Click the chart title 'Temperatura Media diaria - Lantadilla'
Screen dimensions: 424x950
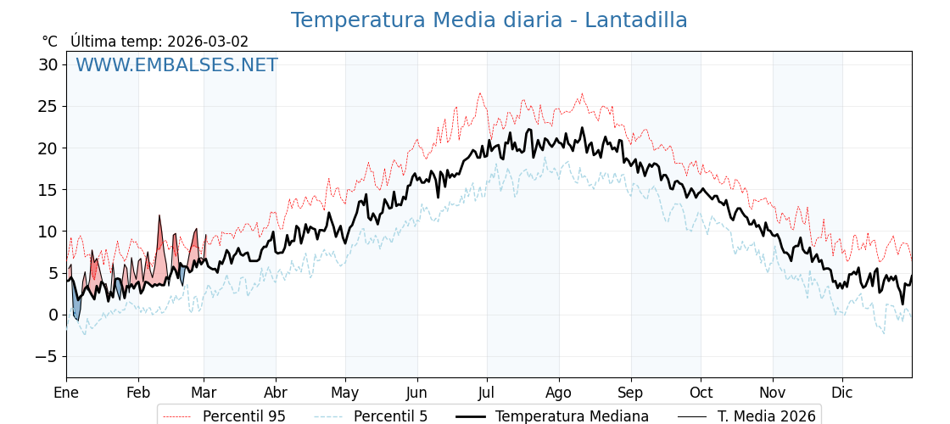[x=489, y=20]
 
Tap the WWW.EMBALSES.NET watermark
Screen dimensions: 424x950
[x=176, y=65]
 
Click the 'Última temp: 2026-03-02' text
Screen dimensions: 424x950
[x=159, y=42]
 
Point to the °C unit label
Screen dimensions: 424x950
[x=50, y=42]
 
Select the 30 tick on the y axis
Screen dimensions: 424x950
[x=48, y=64]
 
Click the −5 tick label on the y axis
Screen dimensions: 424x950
[x=47, y=356]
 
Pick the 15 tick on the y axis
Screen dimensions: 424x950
[x=48, y=189]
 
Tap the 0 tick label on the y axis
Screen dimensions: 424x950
[x=53, y=315]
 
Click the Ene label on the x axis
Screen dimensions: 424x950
[x=66, y=393]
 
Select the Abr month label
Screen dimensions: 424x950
[x=276, y=393]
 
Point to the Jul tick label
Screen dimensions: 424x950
[x=487, y=393]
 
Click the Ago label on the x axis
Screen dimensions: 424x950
[x=559, y=393]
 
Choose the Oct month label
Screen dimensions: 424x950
[x=701, y=393]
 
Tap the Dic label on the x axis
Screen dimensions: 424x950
[x=842, y=393]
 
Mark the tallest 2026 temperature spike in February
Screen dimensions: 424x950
[x=159, y=217]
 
